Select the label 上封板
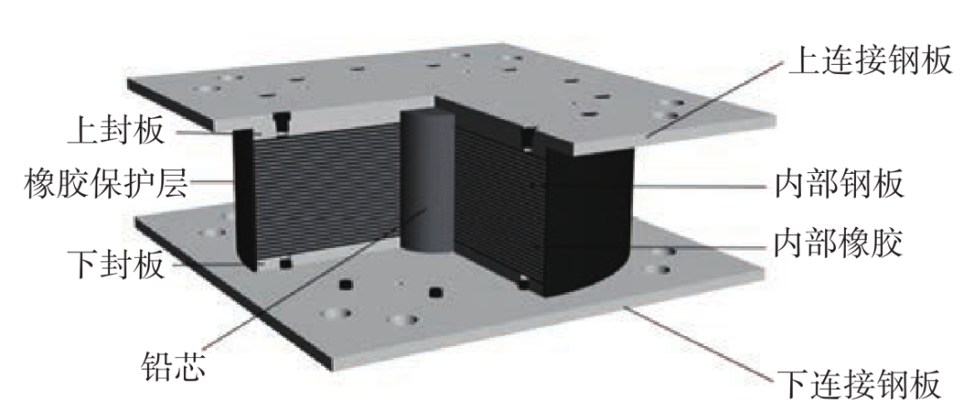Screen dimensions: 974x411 pos(116,132)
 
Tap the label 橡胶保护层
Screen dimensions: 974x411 pos(106,182)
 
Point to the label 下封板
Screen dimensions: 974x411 pos(116,264)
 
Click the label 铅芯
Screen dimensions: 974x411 pos(173,366)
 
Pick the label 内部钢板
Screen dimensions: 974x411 pos(839,185)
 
